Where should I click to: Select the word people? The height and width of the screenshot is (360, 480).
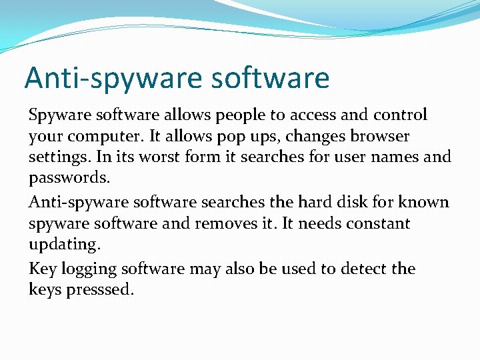point(235,115)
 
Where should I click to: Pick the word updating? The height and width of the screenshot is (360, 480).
point(65,245)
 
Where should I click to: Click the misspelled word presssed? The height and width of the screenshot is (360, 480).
point(101,291)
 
